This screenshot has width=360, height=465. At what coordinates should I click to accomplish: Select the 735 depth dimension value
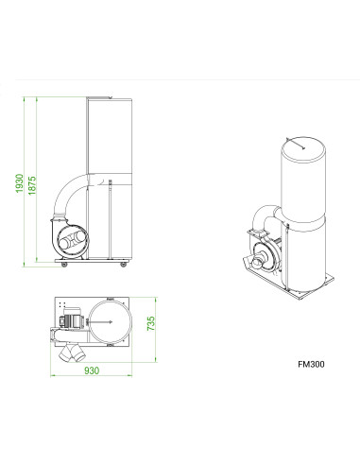(147, 325)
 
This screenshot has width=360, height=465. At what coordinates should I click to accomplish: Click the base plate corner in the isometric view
(330, 280)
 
